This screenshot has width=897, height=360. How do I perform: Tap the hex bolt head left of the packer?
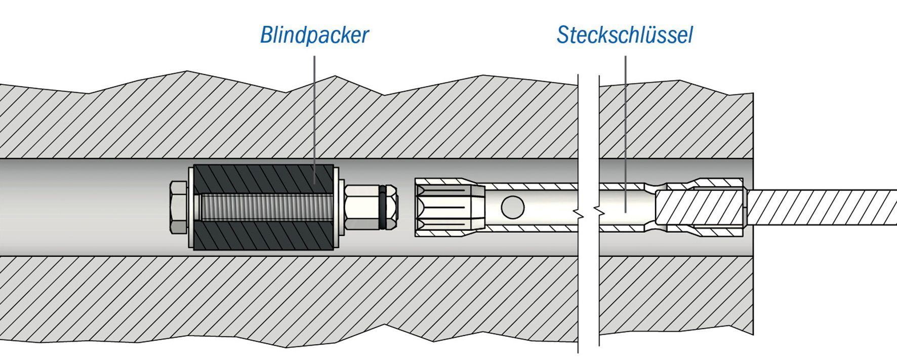tap(178, 207)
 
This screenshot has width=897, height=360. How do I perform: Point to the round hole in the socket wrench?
tap(512, 207)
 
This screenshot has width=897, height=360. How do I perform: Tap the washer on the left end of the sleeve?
tap(191, 207)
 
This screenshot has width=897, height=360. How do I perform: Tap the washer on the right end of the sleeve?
tap(337, 207)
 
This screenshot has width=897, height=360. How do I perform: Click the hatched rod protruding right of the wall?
tap(820, 207)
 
